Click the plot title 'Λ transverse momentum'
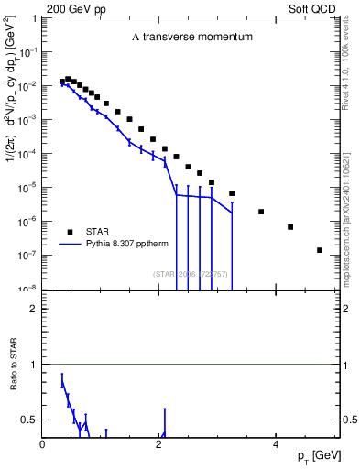click(191, 38)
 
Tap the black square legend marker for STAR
click(69, 231)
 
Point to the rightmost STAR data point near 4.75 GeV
click(320, 250)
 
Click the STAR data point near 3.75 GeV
click(261, 212)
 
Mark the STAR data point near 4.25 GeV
click(290, 227)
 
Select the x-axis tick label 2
click(159, 445)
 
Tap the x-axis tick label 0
click(43, 445)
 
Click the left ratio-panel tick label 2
click(33, 309)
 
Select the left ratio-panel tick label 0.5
click(29, 420)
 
